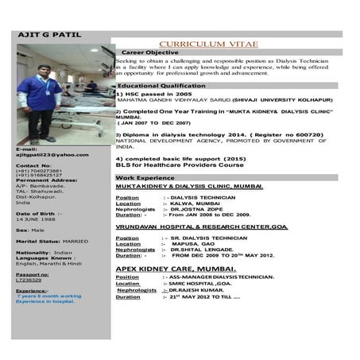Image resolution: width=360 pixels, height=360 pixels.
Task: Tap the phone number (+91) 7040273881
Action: (39, 170)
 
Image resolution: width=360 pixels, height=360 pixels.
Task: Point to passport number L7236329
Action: (29, 280)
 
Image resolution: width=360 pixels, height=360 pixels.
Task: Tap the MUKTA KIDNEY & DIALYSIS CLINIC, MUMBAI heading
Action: (189, 185)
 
